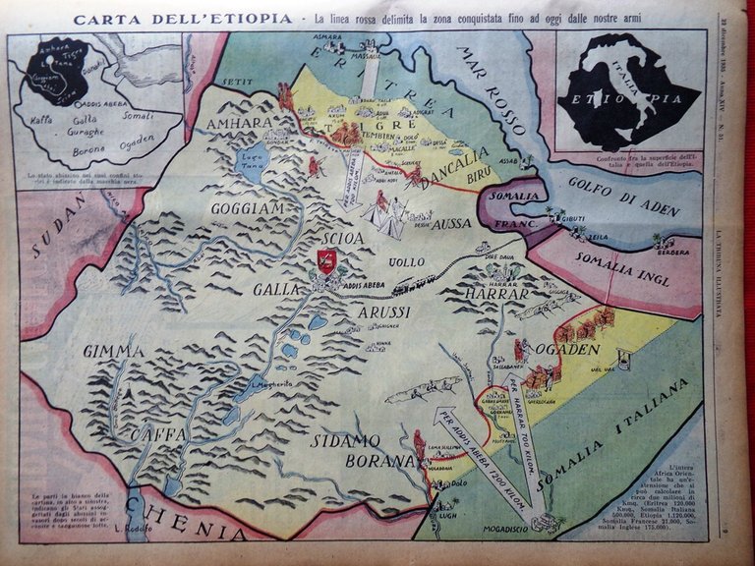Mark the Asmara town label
tap(327, 37)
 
